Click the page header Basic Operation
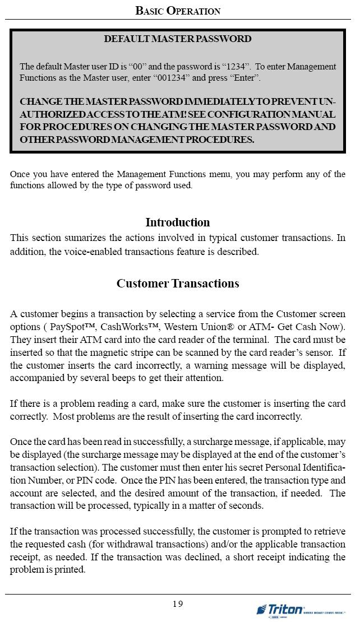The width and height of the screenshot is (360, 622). (178, 11)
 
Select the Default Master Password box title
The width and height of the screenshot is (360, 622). (178, 39)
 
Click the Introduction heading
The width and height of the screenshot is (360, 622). (178, 222)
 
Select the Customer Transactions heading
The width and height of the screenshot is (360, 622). (178, 284)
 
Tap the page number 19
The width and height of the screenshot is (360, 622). (178, 604)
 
